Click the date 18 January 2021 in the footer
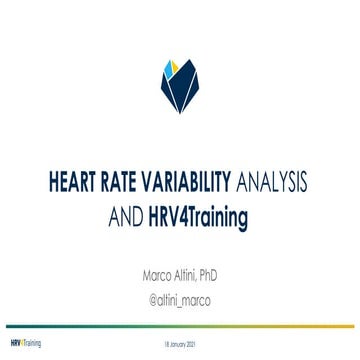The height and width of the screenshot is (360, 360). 180,342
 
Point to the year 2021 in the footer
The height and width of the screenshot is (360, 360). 193,342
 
